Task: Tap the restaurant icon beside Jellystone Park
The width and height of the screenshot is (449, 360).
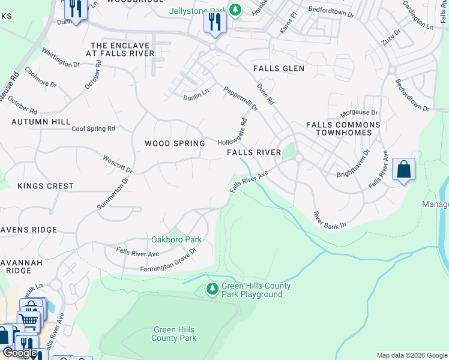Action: click(x=214, y=23)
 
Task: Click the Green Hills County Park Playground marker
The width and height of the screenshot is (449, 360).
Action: click(x=212, y=290)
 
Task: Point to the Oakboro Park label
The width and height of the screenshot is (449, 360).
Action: click(x=176, y=239)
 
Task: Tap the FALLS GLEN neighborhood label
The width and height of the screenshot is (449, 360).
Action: click(x=279, y=68)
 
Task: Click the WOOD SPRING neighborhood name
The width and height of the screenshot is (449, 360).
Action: click(x=175, y=143)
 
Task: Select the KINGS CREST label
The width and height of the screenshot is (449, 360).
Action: click(x=46, y=186)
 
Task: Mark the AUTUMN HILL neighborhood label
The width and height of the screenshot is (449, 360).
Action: click(x=41, y=122)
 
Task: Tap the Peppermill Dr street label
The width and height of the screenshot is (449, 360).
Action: click(x=240, y=99)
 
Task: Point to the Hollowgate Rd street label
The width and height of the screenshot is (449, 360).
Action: click(x=233, y=133)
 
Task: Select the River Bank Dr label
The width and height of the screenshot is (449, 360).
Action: click(x=330, y=220)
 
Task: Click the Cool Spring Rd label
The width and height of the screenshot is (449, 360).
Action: click(x=93, y=128)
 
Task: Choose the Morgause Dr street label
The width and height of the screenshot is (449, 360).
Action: click(x=359, y=113)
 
